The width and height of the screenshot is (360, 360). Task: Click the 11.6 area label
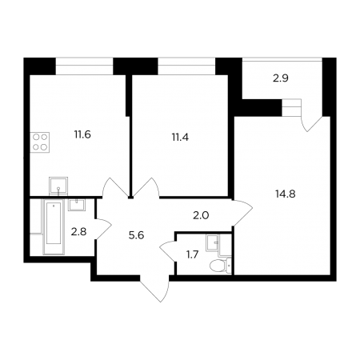[82, 134]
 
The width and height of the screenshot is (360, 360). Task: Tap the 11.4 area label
[180, 138]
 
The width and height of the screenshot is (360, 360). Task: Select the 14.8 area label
[286, 194]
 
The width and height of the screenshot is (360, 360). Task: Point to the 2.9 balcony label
[281, 78]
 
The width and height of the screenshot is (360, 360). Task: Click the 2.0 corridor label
[201, 215]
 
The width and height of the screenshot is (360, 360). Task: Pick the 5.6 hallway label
[136, 235]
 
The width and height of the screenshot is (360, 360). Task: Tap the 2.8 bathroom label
[78, 232]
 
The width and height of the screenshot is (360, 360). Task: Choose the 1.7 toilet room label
[192, 255]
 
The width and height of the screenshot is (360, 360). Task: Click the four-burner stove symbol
[40, 142]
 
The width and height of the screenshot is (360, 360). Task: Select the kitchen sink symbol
[58, 186]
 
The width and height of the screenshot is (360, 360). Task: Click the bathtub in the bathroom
[54, 226]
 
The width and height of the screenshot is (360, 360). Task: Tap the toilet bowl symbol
[221, 266]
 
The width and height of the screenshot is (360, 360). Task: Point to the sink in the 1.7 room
[213, 242]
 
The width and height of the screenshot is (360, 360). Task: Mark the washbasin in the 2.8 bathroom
[77, 205]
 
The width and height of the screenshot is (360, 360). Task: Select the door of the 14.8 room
[242, 213]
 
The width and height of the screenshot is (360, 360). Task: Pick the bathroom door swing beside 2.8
[103, 229]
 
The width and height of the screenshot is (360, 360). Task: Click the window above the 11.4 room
[186, 66]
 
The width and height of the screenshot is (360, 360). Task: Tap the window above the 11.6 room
[84, 66]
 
